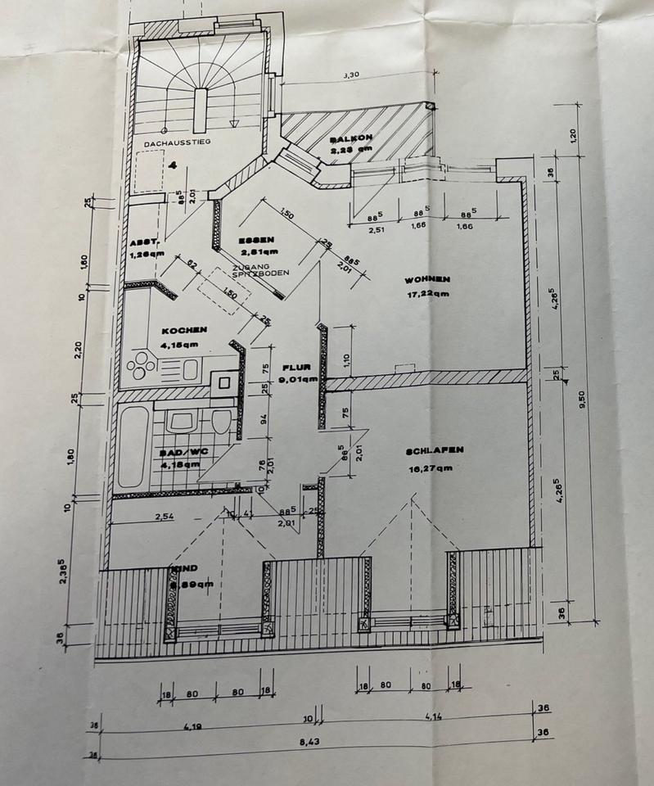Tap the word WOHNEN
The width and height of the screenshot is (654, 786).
click(427, 279)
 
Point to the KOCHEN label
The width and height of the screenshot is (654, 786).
click(184, 330)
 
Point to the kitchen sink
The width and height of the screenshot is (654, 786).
click(190, 369)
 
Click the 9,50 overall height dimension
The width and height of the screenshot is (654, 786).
click(583, 399)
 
